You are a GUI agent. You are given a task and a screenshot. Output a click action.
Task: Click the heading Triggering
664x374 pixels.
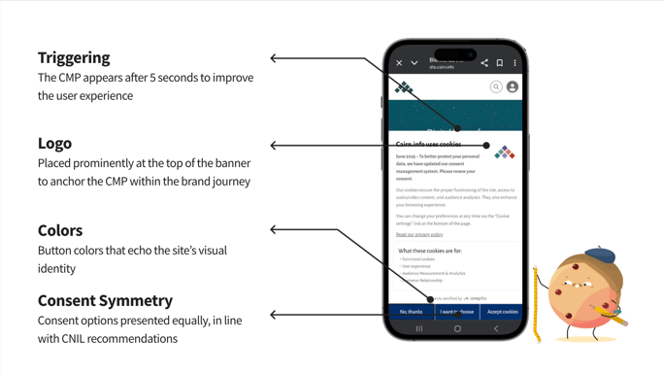coord(74,57)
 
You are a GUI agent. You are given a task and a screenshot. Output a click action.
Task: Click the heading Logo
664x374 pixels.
coord(54,143)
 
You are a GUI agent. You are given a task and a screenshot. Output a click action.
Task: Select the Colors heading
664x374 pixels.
coord(60,230)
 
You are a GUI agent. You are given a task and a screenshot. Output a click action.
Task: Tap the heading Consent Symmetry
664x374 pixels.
coord(105,300)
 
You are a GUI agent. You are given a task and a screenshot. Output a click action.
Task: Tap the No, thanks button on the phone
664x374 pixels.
coord(411,312)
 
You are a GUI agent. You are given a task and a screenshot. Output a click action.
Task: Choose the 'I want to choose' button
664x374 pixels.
coord(456,312)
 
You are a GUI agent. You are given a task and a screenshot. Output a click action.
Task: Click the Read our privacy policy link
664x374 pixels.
coord(419,234)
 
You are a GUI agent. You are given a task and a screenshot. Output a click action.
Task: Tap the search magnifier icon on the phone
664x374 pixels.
coord(496,87)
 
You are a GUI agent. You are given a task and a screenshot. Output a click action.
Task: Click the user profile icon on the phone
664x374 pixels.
coord(513,87)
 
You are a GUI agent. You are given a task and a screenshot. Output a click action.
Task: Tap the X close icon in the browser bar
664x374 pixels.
coord(399,63)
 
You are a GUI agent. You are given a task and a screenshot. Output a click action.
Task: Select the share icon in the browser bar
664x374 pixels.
coord(484,63)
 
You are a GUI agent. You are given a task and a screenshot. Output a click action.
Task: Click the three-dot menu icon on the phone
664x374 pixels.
coord(515,63)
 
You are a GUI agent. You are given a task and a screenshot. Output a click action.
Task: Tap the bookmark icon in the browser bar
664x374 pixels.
coord(500,63)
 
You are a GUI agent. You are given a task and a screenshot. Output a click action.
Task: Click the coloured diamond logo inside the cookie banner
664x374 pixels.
coord(505,153)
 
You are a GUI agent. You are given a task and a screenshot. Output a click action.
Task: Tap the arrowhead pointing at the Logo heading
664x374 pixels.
coord(274,146)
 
